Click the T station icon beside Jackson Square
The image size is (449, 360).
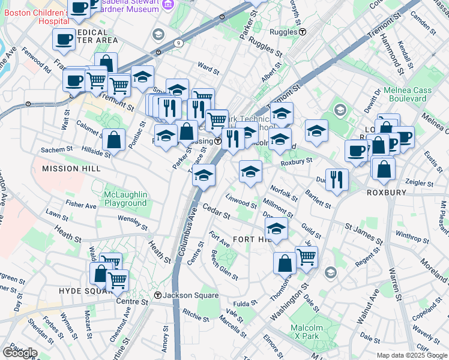(x=158, y=295)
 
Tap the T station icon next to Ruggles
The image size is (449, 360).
(x=303, y=31)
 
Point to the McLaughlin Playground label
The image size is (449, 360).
(x=116, y=199)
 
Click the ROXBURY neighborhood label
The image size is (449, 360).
(x=387, y=193)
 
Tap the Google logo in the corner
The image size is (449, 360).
(x=20, y=352)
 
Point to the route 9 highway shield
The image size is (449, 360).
(x=179, y=43)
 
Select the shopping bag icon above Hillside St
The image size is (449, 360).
(x=113, y=139)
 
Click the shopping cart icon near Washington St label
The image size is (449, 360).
(x=306, y=257)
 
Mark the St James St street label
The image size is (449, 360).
(x=364, y=234)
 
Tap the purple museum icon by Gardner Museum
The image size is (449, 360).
(x=167, y=5)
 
